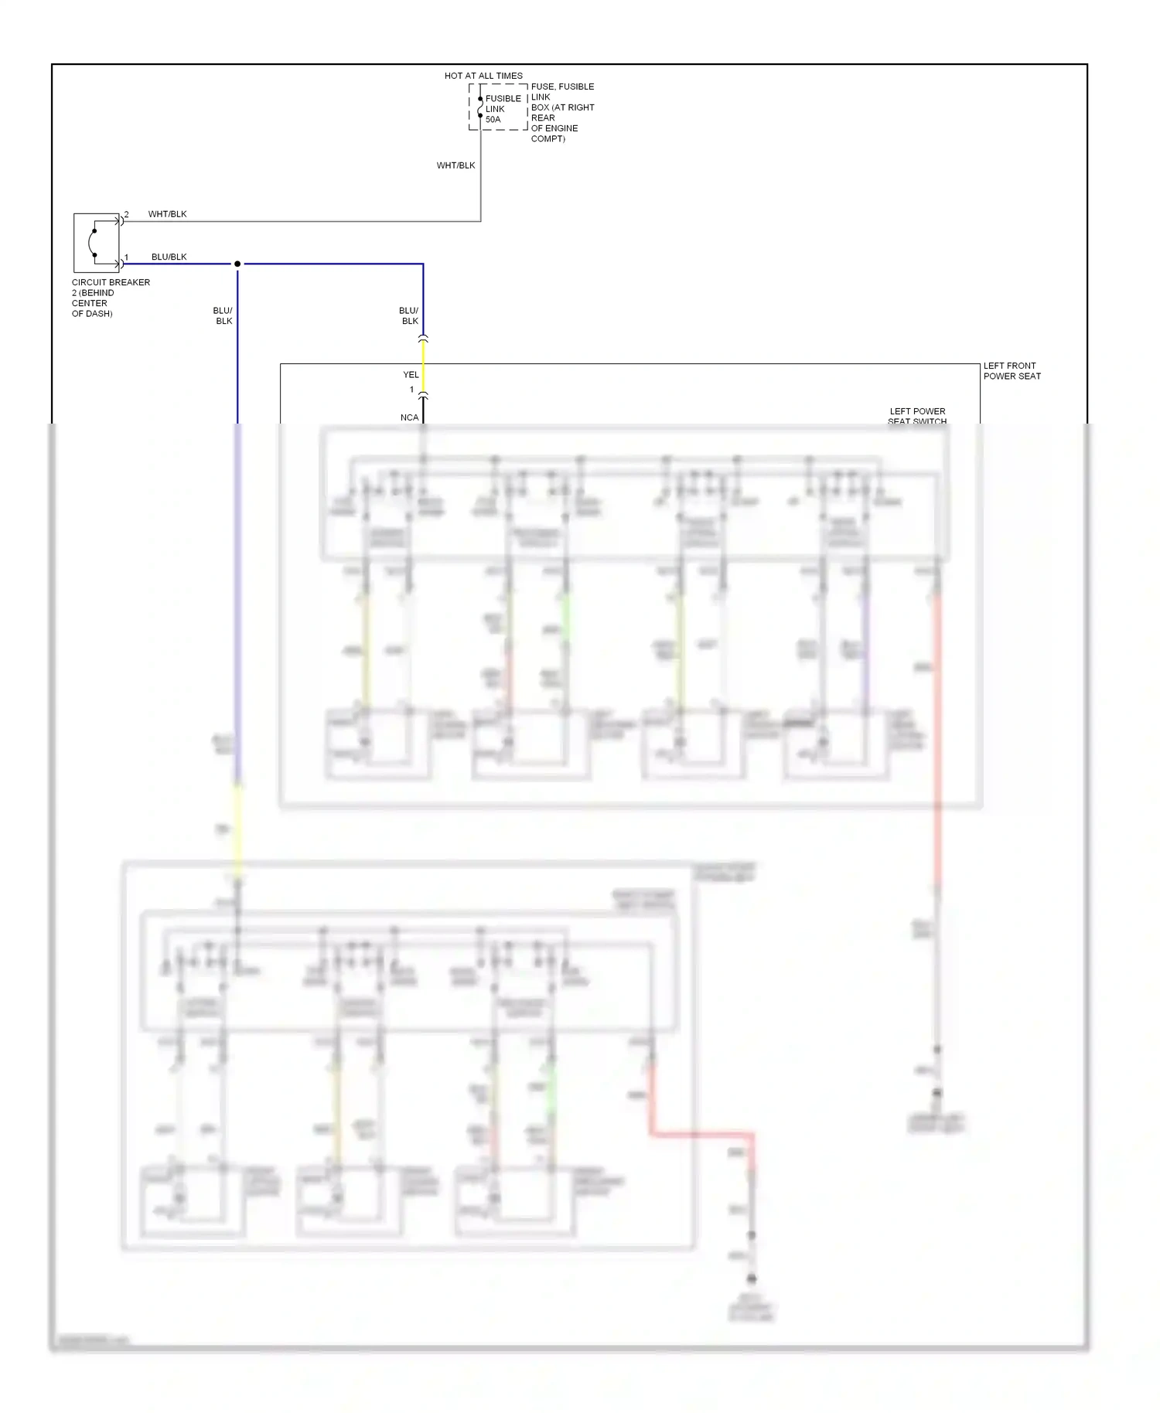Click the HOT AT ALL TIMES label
point(483,76)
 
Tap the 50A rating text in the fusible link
point(493,120)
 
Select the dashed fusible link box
point(498,107)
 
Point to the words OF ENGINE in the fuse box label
point(554,128)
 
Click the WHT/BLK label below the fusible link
point(455,165)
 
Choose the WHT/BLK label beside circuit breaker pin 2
point(167,214)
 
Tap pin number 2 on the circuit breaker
point(127,214)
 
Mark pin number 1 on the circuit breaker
point(127,257)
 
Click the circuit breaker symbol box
point(96,242)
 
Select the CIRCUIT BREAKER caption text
point(111,282)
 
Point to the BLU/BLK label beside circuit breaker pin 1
point(169,257)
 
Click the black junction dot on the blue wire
point(237,264)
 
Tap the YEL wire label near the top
point(411,375)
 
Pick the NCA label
point(409,417)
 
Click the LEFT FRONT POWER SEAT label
point(1012,371)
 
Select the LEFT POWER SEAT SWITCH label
point(917,416)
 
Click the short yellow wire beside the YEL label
point(423,367)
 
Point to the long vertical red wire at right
point(937,734)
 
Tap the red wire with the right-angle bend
point(700,1135)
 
